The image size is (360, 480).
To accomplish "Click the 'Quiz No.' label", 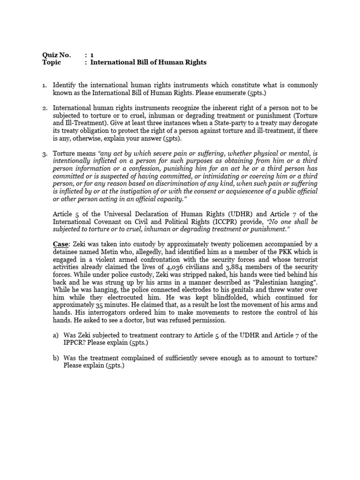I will pos(56,55).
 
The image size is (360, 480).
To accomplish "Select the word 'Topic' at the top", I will pos(52,62).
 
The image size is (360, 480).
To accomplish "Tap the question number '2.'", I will pos(45,108).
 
